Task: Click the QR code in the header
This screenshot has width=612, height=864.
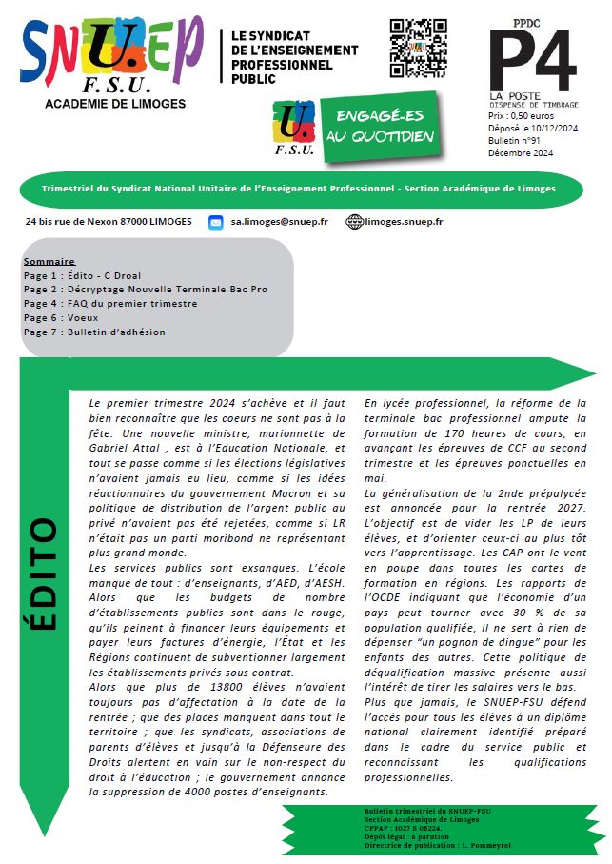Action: click(418, 48)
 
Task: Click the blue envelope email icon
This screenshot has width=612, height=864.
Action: click(216, 222)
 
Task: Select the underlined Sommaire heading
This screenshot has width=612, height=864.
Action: click(49, 261)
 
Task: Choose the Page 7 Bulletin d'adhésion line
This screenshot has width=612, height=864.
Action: click(94, 332)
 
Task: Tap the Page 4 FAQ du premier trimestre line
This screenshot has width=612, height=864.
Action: click(110, 304)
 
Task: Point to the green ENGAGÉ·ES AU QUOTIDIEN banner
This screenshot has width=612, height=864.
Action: click(379, 125)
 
